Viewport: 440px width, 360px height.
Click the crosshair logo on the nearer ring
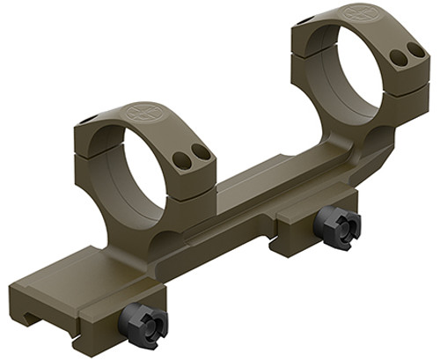point(141,112)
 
